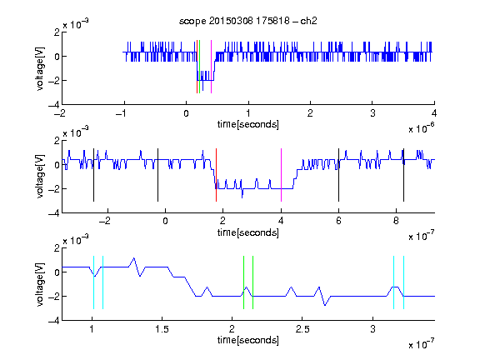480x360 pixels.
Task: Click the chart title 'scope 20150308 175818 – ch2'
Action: point(248,21)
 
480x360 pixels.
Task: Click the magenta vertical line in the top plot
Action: point(211,67)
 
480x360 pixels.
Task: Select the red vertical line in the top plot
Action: point(197,67)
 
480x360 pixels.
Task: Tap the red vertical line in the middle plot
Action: point(216,175)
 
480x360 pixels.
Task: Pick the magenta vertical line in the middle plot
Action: point(281,175)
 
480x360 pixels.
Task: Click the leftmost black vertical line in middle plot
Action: point(93,175)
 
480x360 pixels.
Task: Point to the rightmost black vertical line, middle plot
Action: point(403,175)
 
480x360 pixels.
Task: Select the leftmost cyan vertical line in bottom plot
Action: point(93,282)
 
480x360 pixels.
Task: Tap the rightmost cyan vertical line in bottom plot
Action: point(403,282)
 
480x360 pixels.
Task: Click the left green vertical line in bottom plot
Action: point(243,282)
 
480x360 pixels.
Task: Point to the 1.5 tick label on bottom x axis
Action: point(162,329)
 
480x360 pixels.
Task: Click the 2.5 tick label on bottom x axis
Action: point(302,329)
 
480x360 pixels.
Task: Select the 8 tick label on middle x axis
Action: point(396,221)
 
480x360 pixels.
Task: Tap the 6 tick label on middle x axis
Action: point(338,221)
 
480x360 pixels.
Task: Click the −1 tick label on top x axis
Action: point(121,113)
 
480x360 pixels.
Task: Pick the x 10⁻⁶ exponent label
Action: point(422,128)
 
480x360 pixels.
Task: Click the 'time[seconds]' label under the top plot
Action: point(248,124)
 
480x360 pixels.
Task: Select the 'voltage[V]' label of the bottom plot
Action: point(40,284)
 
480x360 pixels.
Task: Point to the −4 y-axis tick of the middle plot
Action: point(54,213)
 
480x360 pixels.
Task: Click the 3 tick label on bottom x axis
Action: point(372,329)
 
